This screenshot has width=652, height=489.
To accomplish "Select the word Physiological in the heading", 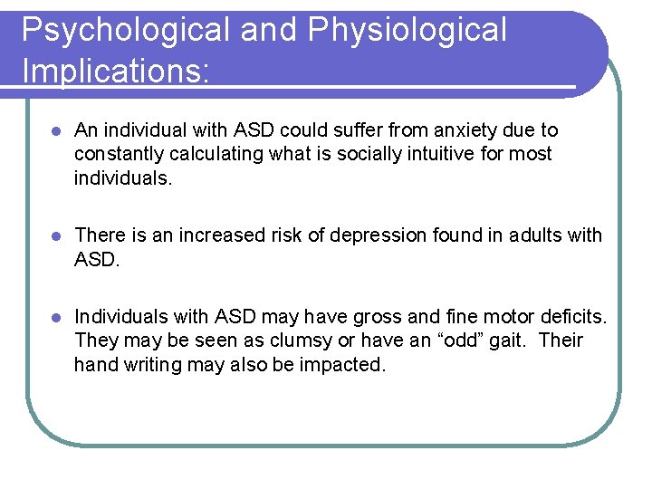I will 407,30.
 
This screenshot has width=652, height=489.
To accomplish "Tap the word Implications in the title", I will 112,70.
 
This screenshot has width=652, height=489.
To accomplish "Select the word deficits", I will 572,317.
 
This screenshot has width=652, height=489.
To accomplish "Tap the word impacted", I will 345,365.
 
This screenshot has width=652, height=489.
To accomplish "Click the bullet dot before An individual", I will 55,131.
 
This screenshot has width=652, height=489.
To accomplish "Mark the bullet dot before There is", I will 55,236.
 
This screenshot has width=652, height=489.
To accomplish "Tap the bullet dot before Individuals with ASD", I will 55,318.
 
